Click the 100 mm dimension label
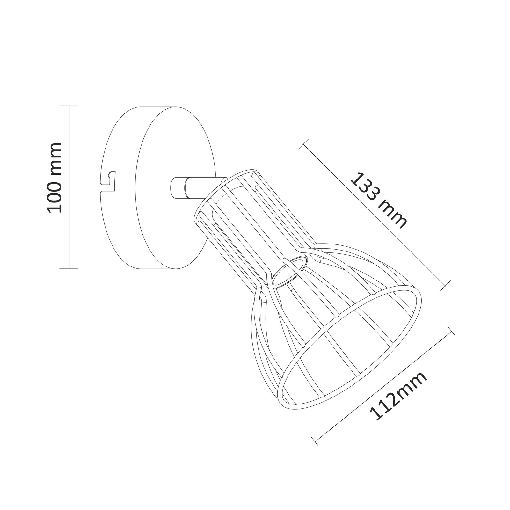pos(54,178)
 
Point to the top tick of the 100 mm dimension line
pos(69,106)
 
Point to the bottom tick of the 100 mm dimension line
pos(69,269)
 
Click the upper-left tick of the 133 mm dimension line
pos(303,144)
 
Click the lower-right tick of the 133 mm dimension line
pos(446,285)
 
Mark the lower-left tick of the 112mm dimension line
pos(315,441)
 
